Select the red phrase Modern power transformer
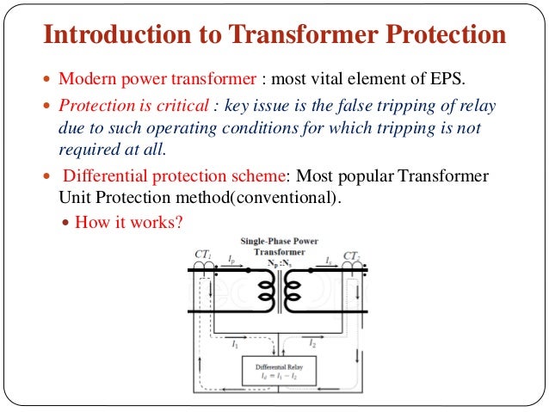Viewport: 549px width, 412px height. tap(157, 80)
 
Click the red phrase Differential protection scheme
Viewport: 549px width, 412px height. tap(174, 175)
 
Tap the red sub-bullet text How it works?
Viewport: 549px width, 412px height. tap(128, 221)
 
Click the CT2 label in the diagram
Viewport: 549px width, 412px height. tap(352, 255)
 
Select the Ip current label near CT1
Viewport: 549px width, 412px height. tap(231, 259)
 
